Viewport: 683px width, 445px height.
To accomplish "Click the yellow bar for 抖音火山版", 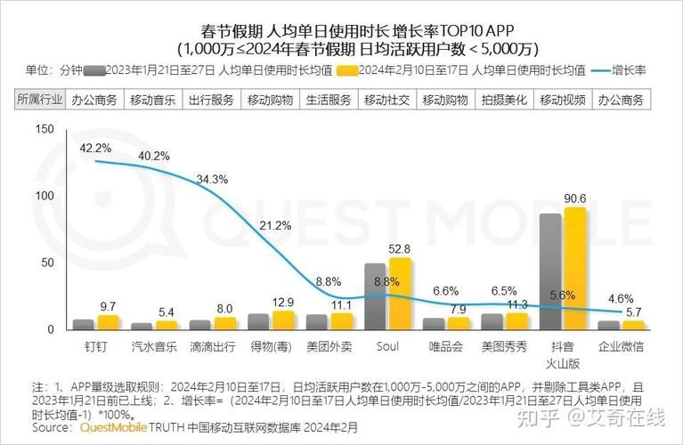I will (x=575, y=269).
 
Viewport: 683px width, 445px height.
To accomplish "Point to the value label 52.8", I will (x=399, y=248).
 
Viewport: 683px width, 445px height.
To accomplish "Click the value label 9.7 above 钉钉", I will (x=108, y=306).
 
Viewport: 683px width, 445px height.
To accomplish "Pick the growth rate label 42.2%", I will (x=95, y=148).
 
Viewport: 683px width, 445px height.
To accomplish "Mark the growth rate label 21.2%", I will (x=275, y=226).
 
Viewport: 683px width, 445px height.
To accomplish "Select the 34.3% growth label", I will (x=212, y=179).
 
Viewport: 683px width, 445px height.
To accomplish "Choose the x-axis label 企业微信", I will (x=620, y=344).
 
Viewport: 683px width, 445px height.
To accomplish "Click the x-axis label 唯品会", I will (x=445, y=344).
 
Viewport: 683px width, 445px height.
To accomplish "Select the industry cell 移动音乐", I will (x=154, y=100).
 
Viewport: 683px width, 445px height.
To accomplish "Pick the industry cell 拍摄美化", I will (x=504, y=100).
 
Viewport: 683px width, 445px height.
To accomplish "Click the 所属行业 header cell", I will (x=40, y=100).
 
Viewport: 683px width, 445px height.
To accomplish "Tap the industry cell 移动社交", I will (x=387, y=100).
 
